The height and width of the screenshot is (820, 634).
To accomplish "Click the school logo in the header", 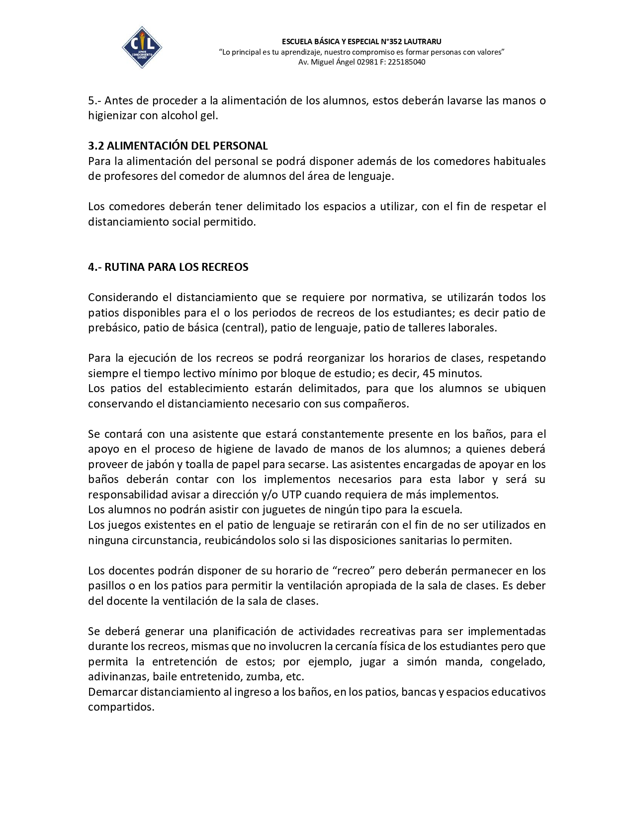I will coord(142,48).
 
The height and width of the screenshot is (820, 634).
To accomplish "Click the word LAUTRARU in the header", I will coord(423,42).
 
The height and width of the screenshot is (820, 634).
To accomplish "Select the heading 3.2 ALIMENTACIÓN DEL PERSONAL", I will coord(178,146).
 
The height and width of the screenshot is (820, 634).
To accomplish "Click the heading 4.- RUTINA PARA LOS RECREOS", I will coord(168,267).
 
